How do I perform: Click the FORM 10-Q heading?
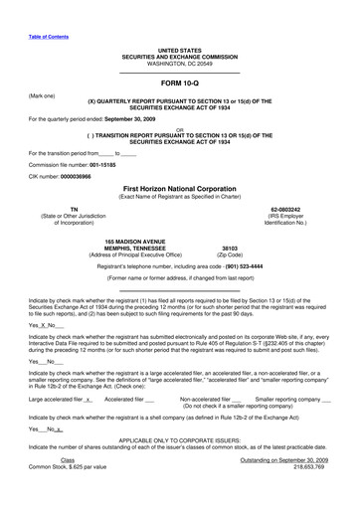tap(179, 85)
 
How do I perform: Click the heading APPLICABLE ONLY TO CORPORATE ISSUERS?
tap(179, 465)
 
